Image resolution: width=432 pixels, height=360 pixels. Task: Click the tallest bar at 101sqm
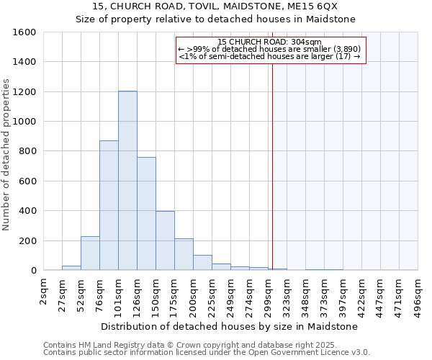[x=127, y=180]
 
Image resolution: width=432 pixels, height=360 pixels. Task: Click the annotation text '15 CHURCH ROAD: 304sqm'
[x=270, y=42]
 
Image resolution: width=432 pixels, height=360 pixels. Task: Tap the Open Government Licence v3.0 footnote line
[x=207, y=353]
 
